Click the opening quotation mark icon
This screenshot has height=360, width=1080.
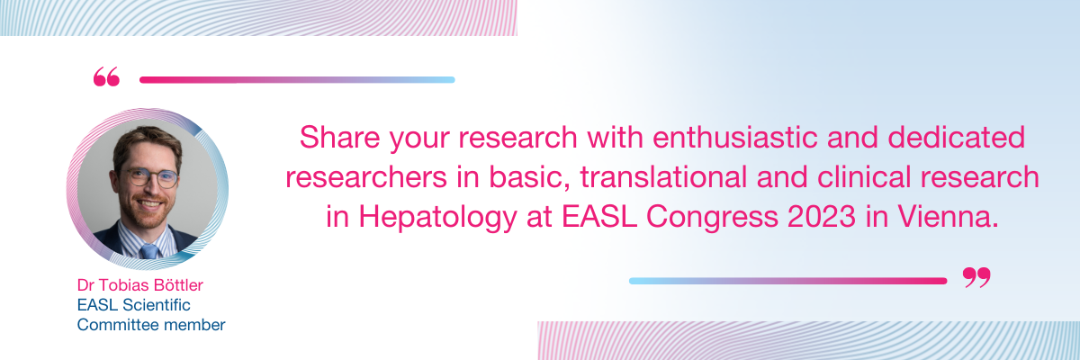click(106, 76)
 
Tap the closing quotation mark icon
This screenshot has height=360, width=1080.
click(976, 277)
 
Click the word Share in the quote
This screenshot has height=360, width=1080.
click(340, 138)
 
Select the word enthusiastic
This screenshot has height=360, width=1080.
click(735, 138)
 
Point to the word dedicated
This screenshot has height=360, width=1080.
click(956, 138)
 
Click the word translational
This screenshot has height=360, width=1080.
click(663, 177)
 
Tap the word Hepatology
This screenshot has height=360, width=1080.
click(437, 217)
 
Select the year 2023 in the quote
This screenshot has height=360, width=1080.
click(822, 216)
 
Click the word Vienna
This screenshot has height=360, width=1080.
click(948, 216)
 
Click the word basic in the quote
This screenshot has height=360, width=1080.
click(526, 178)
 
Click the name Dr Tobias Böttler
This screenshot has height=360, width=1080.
click(139, 284)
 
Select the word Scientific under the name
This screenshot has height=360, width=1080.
click(157, 304)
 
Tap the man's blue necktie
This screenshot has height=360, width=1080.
click(149, 251)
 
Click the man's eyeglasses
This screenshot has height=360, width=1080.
click(151, 177)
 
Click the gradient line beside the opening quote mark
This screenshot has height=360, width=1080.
click(297, 80)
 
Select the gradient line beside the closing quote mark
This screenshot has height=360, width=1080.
click(787, 281)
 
